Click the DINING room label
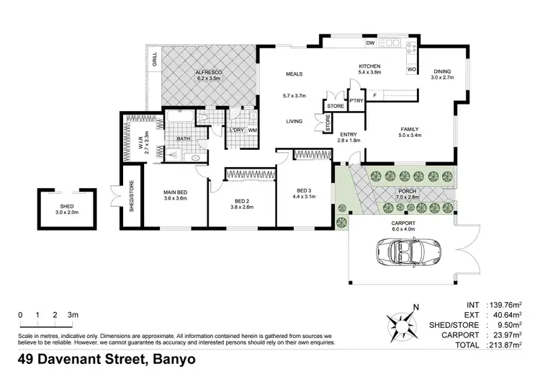tap(441, 71)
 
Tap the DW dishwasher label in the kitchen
tap(370, 44)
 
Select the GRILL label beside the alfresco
tap(155, 59)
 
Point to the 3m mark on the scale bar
tap(73, 315)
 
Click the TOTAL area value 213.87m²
tap(502, 345)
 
